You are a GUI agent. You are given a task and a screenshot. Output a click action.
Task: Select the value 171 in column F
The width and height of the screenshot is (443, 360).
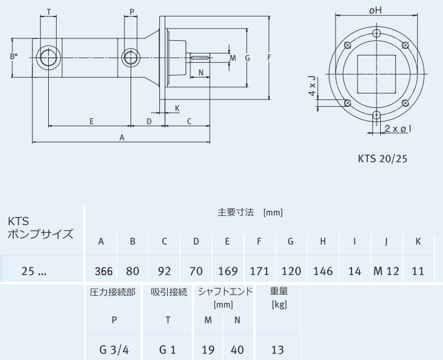(x=259, y=271)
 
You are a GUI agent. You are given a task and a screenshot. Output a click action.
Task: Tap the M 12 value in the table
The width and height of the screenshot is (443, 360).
(x=386, y=271)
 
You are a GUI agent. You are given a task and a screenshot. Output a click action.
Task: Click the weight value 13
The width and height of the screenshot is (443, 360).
(x=278, y=350)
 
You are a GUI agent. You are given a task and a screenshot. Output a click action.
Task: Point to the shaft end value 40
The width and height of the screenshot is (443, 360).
(x=238, y=350)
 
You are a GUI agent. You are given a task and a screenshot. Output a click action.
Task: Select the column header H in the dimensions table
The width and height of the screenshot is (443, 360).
(x=323, y=241)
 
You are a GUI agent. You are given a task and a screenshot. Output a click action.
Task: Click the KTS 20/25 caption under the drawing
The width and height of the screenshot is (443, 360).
(x=383, y=159)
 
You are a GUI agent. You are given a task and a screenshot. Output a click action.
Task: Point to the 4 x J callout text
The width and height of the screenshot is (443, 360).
(x=312, y=86)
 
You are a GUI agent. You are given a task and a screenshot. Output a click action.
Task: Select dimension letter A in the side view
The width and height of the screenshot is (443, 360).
(x=122, y=138)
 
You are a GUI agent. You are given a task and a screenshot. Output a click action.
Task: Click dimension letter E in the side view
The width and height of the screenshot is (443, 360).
(x=91, y=121)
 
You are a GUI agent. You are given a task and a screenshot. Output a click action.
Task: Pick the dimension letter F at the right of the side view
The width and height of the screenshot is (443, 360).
(x=268, y=57)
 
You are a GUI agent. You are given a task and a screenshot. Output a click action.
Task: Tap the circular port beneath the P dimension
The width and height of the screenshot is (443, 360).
(x=129, y=58)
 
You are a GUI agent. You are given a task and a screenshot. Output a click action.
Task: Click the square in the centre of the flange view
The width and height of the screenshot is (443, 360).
(x=376, y=74)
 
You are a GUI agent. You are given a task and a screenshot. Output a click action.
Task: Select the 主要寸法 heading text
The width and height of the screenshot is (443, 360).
(x=234, y=212)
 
